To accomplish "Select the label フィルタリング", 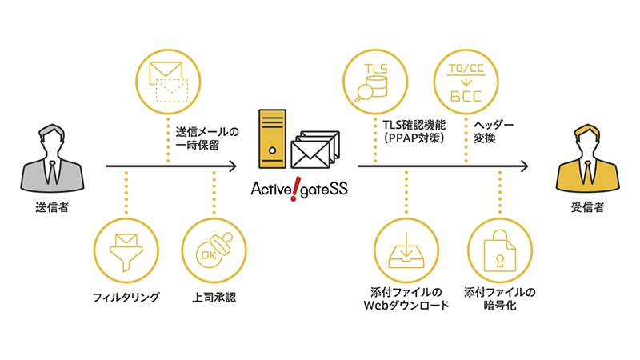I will click(x=126, y=298).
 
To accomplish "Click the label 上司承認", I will click(x=214, y=298).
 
